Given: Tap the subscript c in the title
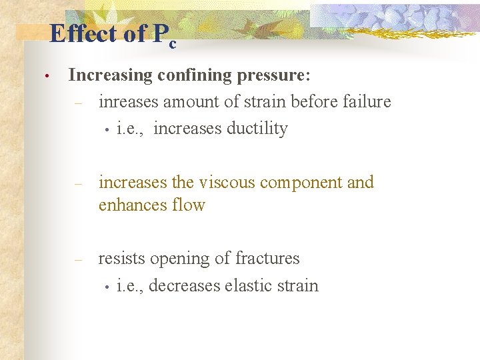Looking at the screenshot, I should pyautogui.click(x=173, y=44).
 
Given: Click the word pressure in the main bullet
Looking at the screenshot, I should pyautogui.click(x=273, y=75).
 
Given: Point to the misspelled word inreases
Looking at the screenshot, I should pyautogui.click(x=129, y=102).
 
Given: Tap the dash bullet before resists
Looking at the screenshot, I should pyautogui.click(x=78, y=260).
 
